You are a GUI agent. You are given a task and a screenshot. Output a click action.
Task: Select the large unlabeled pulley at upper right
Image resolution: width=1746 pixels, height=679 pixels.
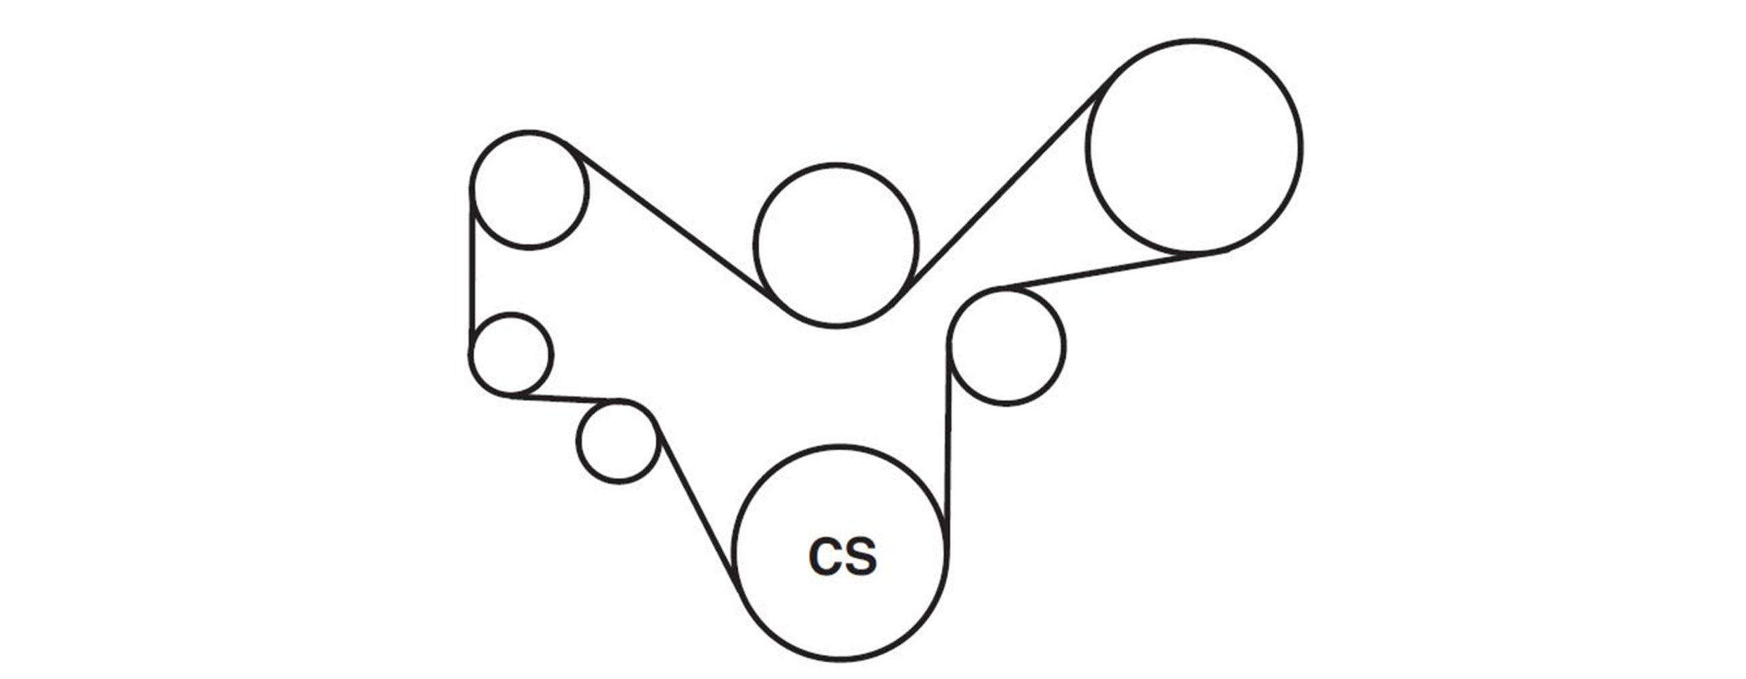click(x=1194, y=147)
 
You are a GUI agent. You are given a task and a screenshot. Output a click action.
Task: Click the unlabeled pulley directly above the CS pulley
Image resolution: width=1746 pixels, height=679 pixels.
click(x=836, y=245)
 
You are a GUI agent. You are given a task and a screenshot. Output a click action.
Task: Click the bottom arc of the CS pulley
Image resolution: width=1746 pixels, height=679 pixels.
click(x=840, y=659)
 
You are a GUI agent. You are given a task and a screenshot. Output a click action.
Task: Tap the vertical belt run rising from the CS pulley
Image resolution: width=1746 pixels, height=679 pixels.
click(x=948, y=444)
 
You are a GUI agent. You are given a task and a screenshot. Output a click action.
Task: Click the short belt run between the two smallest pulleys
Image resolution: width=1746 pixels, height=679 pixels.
click(x=565, y=397)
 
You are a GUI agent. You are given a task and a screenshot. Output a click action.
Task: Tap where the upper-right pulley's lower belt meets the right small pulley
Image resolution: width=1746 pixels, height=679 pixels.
click(x=998, y=289)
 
